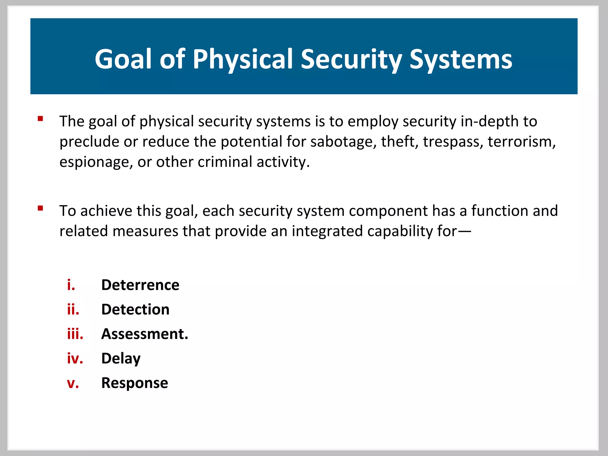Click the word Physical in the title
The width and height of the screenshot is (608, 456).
click(243, 59)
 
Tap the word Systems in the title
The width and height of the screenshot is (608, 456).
click(461, 59)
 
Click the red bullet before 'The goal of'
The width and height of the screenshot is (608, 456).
click(40, 119)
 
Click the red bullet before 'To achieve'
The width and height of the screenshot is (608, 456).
click(40, 208)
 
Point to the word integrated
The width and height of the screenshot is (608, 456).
click(327, 231)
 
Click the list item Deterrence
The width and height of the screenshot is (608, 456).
click(140, 285)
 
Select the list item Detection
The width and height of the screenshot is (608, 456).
click(135, 309)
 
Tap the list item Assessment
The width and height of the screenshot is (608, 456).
click(145, 334)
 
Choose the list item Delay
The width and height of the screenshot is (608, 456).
click(121, 359)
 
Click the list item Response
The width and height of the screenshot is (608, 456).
click(134, 383)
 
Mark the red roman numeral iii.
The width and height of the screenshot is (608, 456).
click(75, 334)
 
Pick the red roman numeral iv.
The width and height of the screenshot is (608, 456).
click(75, 359)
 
